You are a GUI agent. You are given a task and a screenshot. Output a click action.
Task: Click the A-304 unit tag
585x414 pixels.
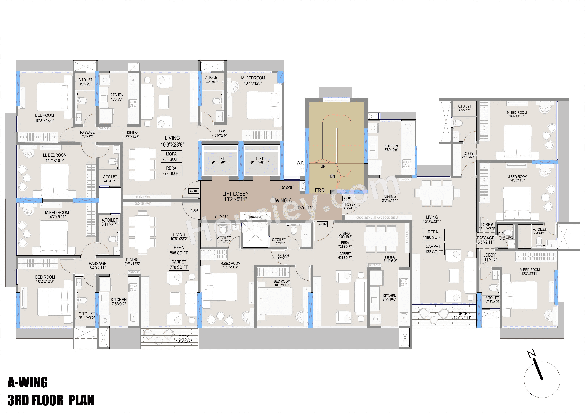tap(194, 191)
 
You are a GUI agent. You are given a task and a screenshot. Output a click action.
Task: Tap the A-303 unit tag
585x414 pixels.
tap(194, 211)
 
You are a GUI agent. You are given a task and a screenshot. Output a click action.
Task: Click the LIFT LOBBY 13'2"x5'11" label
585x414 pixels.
tap(235, 196)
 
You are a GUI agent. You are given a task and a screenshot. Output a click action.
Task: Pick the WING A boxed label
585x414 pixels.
tap(283, 201)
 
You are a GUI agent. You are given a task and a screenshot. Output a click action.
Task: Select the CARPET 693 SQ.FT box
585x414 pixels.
tap(345, 255)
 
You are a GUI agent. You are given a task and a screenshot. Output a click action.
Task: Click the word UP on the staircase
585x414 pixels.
tap(323, 166)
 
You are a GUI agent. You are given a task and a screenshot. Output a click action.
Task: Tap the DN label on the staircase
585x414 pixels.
tap(332, 176)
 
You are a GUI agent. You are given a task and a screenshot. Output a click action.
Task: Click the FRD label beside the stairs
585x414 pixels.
tap(320, 190)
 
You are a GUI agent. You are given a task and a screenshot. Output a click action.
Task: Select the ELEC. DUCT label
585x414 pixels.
tap(255, 217)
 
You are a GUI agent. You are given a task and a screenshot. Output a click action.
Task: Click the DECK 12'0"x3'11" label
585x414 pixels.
tap(462, 316)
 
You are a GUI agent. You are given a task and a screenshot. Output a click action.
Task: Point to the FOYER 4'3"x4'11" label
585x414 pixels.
tap(350, 206)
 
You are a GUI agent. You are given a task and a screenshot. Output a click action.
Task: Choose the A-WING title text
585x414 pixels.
tap(28, 382)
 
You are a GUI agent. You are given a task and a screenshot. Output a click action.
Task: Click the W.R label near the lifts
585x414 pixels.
tap(300, 163)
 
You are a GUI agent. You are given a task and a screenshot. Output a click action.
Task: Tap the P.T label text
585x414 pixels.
tap(501, 234)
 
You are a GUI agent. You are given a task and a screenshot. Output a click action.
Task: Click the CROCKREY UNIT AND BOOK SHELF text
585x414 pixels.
tap(377, 218)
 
